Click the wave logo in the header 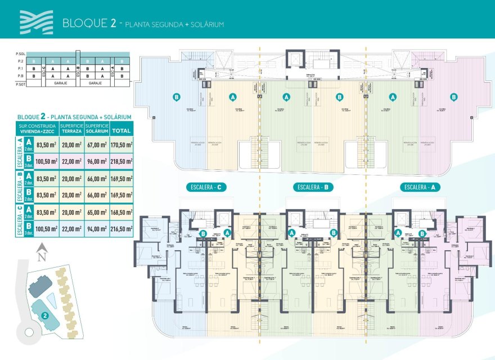click(36, 22)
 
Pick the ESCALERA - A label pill click(420, 187)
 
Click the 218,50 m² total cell click(122, 161)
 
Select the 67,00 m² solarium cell click(97, 145)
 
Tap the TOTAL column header click(121, 130)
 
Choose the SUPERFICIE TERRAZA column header click(71, 129)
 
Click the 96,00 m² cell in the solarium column click(97, 161)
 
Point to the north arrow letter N click(40, 256)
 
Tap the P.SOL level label click(21, 54)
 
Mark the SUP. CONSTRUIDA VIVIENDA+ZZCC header click(37, 129)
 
